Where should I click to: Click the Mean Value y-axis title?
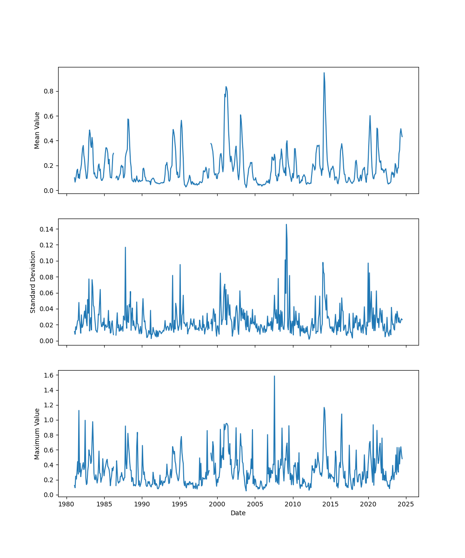tap(37, 130)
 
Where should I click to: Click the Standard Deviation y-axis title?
tap(33, 282)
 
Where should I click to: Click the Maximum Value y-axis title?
tap(37, 433)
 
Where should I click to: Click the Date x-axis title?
tap(238, 513)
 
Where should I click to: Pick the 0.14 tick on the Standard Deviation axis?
tap(48, 229)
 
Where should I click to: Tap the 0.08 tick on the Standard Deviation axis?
tap(48, 277)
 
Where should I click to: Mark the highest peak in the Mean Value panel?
tap(324, 73)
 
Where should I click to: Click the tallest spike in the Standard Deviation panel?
tap(286, 224)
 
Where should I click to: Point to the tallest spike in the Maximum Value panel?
tap(274, 376)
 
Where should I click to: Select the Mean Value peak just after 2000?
tap(226, 86)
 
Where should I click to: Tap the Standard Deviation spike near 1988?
tap(125, 247)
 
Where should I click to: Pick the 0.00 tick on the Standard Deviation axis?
tap(48, 341)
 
